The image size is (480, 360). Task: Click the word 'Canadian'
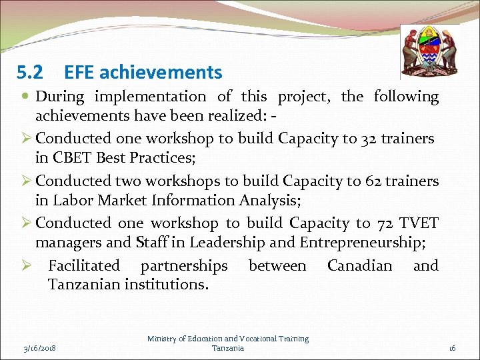tap(359, 266)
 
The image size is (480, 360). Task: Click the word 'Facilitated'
tap(84, 266)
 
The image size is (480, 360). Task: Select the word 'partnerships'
tap(184, 266)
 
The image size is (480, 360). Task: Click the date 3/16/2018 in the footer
tap(39, 348)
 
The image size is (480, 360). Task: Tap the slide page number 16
tap(451, 348)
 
